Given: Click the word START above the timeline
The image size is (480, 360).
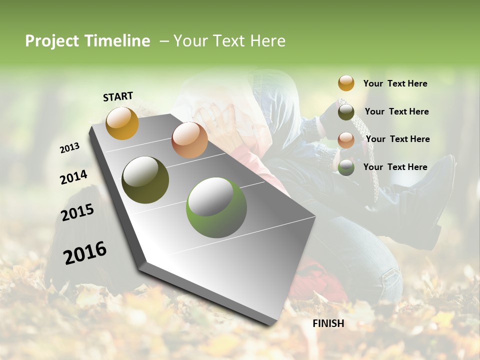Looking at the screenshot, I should click(118, 96).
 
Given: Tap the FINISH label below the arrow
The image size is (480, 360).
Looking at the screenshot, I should click(328, 323).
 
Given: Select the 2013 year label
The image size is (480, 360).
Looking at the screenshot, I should click(69, 148).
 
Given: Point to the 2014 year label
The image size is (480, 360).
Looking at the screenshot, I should click(73, 177).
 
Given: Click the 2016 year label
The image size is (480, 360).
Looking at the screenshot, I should click(85, 253).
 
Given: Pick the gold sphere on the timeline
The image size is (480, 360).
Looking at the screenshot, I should click(122, 123).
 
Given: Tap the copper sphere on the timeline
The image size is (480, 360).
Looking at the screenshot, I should click(189, 140).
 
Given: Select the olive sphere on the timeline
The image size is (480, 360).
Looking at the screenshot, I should click(145, 180).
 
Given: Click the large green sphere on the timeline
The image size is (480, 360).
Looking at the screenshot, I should click(216, 207).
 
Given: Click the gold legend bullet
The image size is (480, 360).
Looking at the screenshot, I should click(346, 83).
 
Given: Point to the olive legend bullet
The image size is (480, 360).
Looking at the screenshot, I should click(346, 112).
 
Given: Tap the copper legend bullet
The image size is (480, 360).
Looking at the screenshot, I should click(346, 140).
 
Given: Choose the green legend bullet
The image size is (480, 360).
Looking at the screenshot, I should click(346, 167).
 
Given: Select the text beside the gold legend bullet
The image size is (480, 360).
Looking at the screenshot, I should click(395, 83).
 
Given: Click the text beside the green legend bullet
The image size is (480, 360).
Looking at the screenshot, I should click(395, 167).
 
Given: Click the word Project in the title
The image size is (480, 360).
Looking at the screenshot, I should click(51, 41).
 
